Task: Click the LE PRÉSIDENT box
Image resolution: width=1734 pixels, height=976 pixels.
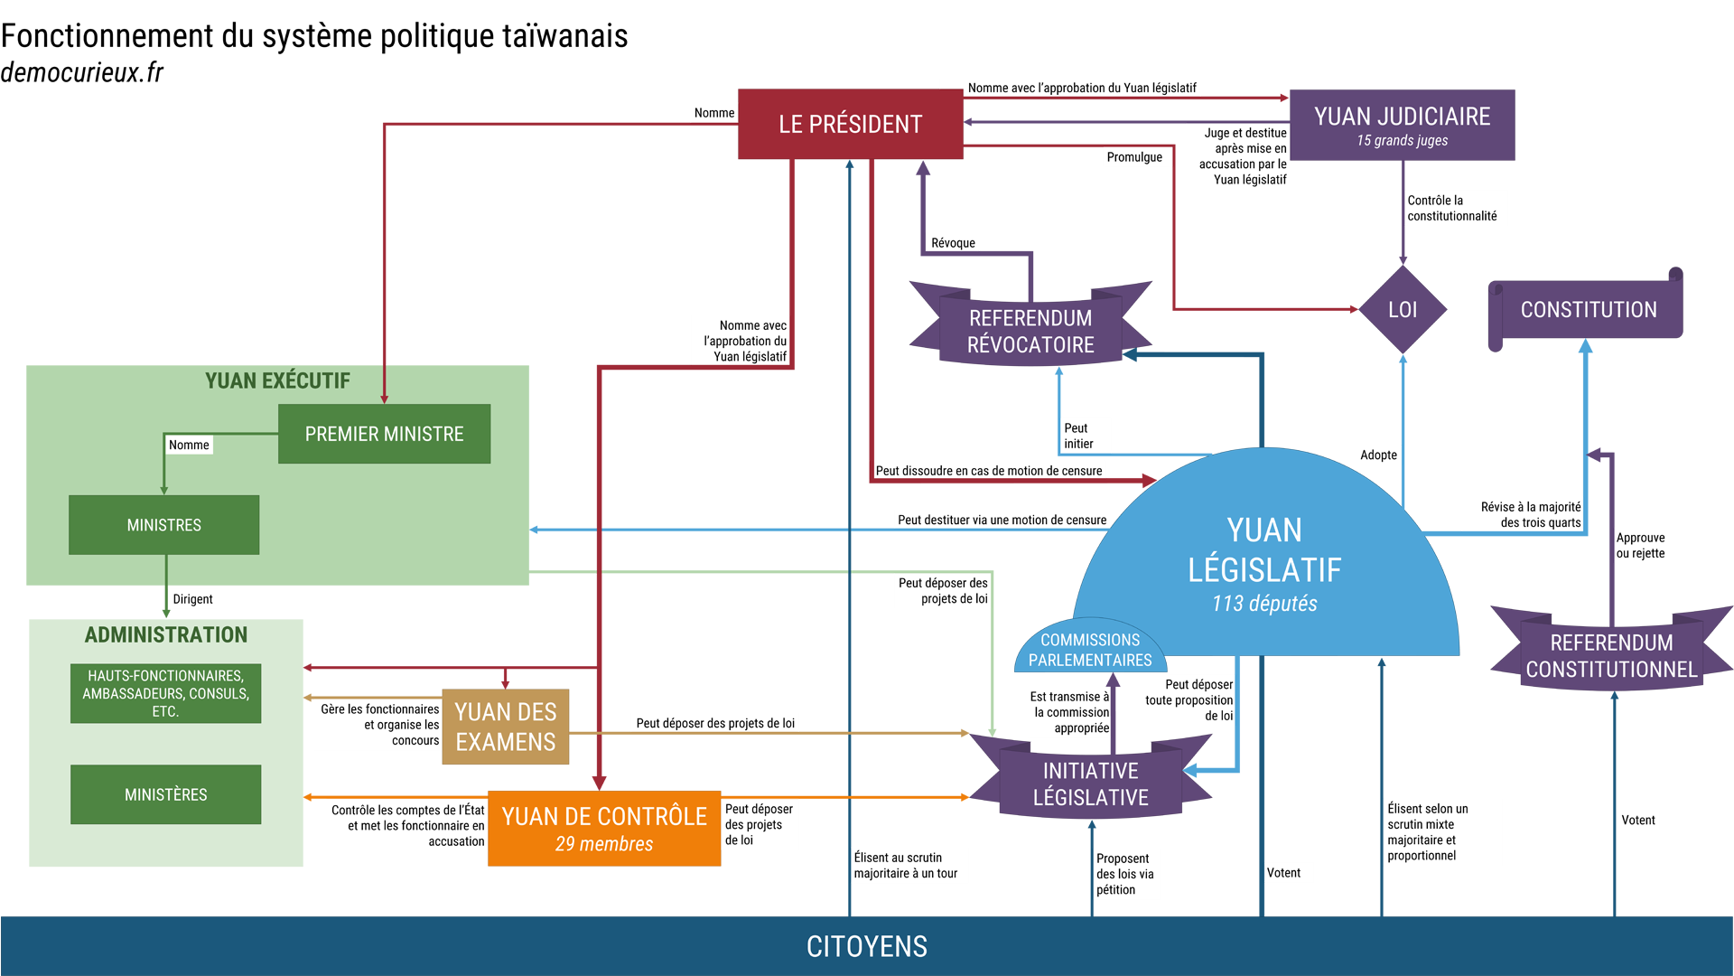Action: tap(850, 125)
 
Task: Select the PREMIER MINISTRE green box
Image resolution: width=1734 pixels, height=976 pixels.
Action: tap(384, 434)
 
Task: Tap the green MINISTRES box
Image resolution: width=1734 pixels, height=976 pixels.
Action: tap(163, 525)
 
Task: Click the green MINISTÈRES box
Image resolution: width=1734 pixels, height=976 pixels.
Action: tap(165, 794)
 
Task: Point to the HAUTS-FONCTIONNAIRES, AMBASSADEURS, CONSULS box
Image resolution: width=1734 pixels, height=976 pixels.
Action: tap(165, 693)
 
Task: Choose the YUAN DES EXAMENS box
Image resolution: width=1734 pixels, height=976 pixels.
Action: tap(506, 727)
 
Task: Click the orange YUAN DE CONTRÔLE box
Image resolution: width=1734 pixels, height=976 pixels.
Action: tap(604, 829)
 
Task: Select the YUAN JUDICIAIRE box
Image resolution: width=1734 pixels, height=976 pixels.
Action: tap(1402, 125)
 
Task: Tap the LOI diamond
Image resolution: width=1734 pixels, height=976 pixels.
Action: tap(1402, 310)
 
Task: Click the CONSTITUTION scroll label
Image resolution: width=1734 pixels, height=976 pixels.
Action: tap(1588, 310)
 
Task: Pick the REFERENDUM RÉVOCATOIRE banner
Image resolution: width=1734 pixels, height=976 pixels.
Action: tap(1030, 332)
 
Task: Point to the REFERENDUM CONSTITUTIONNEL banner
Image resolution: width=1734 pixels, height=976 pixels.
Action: tap(1611, 656)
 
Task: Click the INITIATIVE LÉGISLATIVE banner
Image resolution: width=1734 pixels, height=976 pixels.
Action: tap(1090, 784)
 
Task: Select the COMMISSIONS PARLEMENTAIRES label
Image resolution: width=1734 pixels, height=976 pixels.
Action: tap(1090, 650)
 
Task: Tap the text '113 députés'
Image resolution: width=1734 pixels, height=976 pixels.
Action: tap(1264, 604)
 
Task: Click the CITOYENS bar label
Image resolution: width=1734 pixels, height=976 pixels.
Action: tap(867, 946)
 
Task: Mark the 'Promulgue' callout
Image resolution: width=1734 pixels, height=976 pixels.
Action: tap(1134, 157)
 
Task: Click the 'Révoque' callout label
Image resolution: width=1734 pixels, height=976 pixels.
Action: tap(953, 243)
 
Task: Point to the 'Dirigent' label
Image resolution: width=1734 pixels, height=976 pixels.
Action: tap(192, 599)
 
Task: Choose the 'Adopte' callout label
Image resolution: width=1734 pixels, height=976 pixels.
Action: tap(1378, 455)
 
